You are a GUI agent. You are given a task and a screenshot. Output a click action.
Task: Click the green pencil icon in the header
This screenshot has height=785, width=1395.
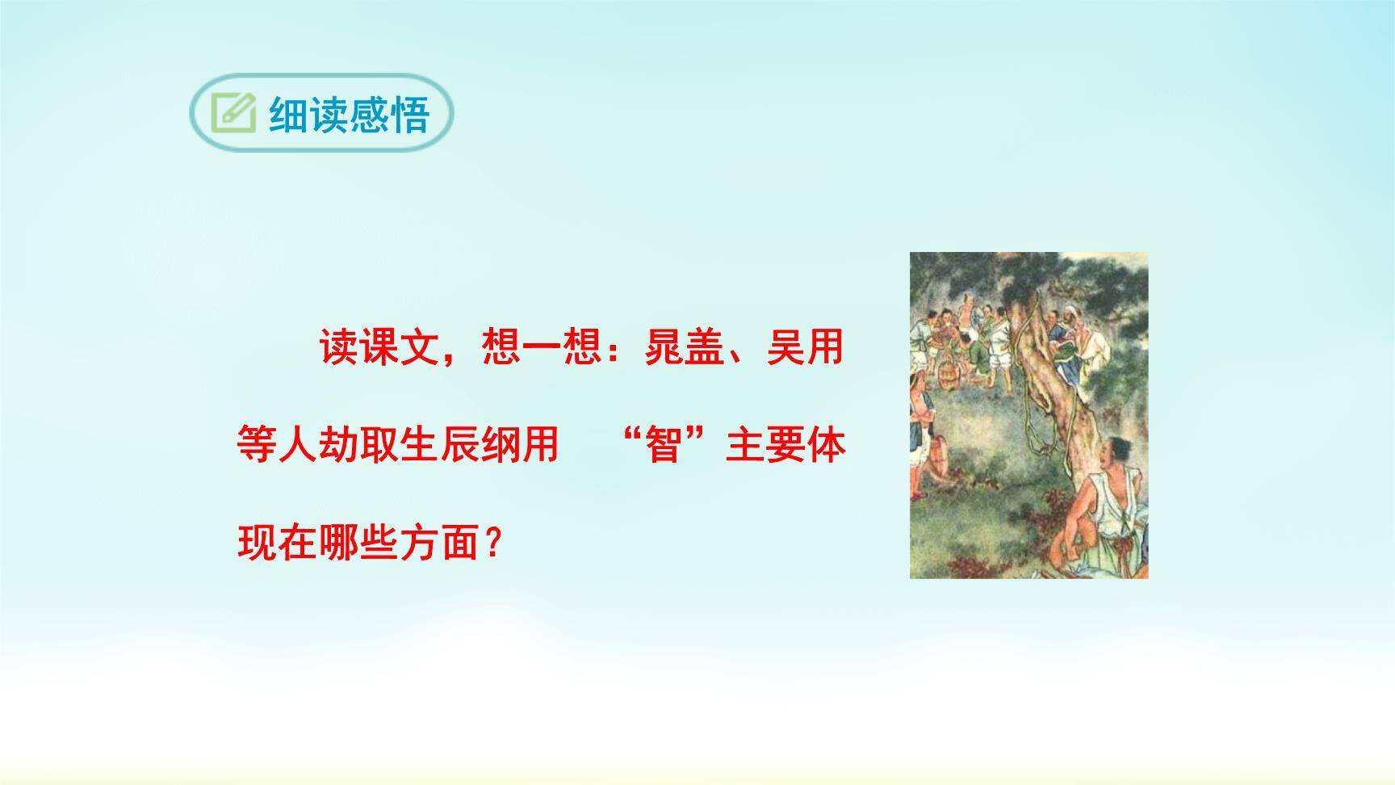coord(233,113)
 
